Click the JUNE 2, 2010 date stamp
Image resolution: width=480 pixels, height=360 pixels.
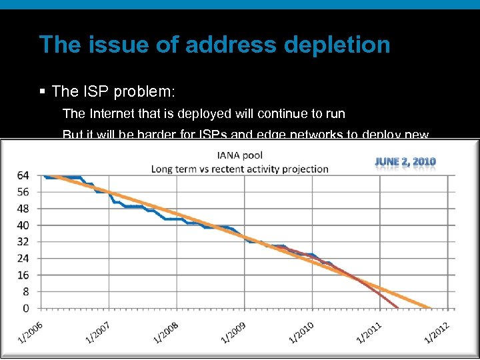click(405, 161)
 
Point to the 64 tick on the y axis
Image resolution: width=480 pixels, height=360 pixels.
click(23, 175)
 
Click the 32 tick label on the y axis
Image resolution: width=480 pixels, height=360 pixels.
click(23, 241)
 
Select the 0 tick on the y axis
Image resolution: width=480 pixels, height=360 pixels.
click(26, 308)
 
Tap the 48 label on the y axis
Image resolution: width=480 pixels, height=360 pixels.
click(23, 208)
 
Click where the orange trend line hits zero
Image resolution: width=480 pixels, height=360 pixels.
click(431, 307)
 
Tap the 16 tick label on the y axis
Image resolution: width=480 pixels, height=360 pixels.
click(23, 275)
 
